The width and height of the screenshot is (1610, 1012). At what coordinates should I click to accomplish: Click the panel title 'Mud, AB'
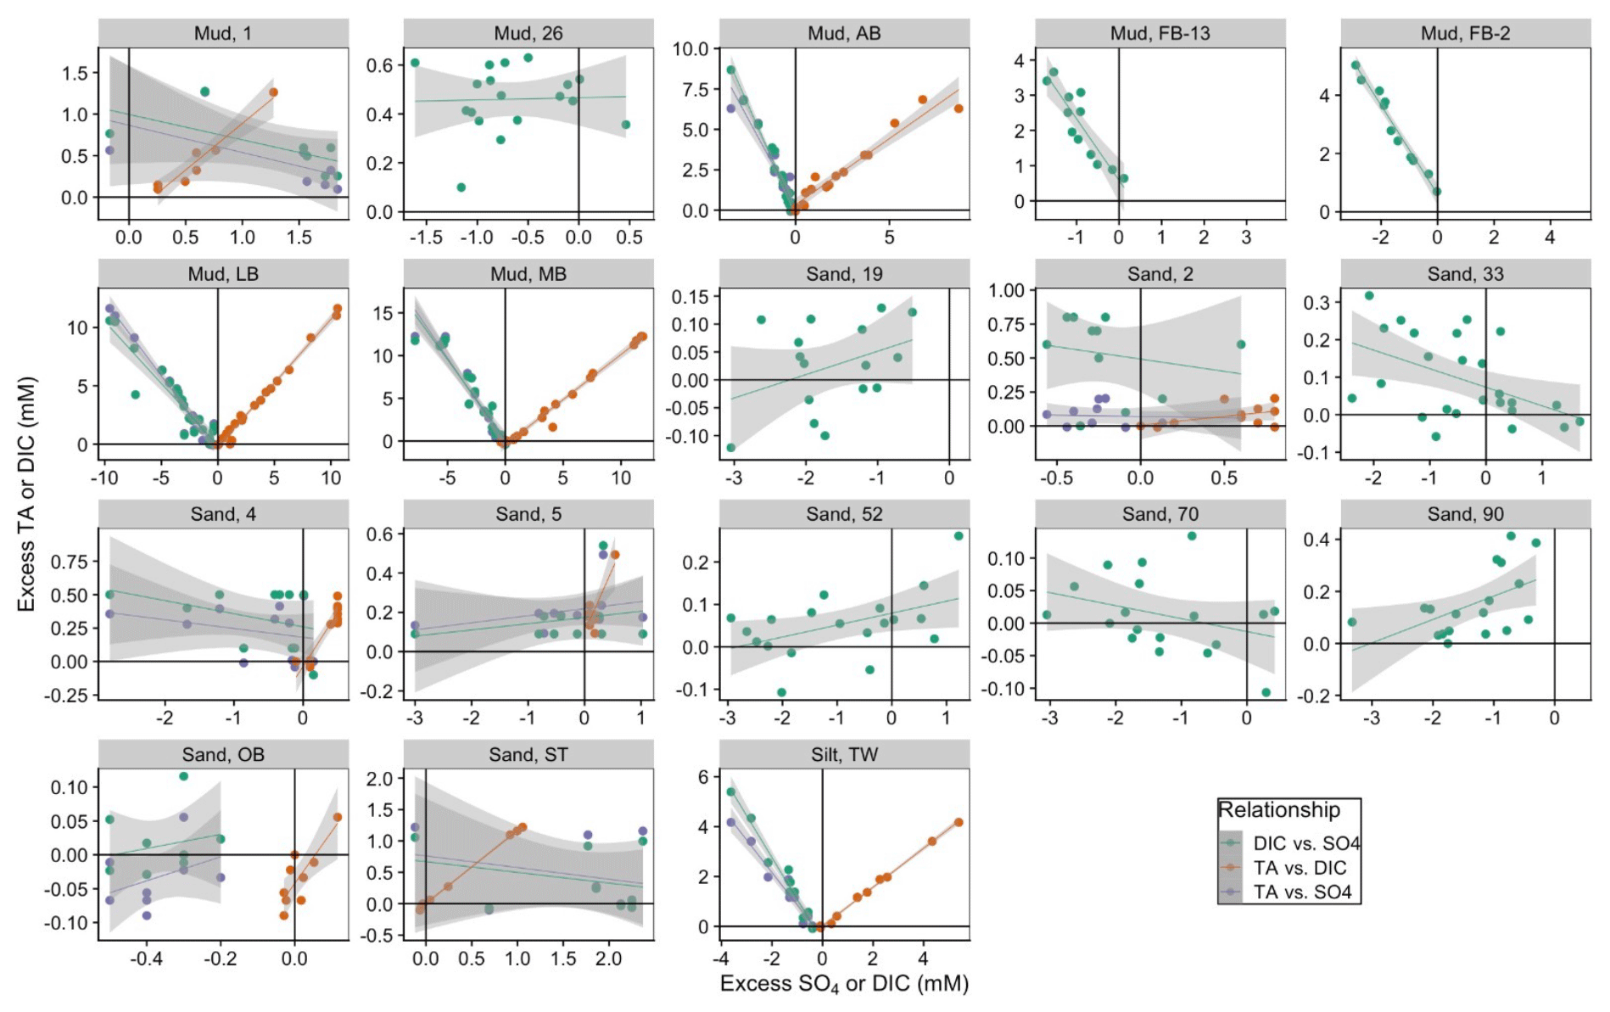tap(844, 34)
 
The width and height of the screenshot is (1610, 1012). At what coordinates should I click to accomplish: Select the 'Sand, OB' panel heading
tap(223, 755)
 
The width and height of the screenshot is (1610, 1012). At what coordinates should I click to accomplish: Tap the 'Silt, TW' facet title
tap(844, 755)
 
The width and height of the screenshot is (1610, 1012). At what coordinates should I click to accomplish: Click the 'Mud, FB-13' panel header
tap(1160, 34)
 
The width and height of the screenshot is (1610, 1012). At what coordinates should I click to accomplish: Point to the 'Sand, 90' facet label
tap(1465, 514)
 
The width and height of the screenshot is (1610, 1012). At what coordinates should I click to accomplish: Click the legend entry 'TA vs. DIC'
tap(1300, 868)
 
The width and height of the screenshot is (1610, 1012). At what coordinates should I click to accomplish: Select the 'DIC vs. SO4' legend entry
tap(1306, 843)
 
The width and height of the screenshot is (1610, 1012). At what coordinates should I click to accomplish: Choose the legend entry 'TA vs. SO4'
tap(1302, 892)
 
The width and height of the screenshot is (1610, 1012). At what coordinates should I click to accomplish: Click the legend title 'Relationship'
tap(1279, 810)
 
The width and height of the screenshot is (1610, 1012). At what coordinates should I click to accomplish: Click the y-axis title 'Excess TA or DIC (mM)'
tap(26, 494)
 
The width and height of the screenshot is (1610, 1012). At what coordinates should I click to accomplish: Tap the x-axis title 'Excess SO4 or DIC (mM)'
tap(844, 984)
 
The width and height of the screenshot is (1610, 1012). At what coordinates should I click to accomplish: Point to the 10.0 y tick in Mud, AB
tap(690, 49)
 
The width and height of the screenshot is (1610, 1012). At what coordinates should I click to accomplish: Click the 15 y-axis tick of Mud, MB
tap(383, 313)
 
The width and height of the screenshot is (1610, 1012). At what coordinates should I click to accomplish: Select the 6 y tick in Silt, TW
tap(703, 777)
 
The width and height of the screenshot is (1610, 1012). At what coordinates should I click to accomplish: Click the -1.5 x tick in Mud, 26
tap(426, 238)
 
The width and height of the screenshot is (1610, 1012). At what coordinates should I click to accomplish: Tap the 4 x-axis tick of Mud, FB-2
tap(1550, 238)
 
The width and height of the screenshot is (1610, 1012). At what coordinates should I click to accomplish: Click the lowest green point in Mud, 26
tap(461, 187)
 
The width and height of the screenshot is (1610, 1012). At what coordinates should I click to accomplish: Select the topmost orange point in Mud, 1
tap(273, 92)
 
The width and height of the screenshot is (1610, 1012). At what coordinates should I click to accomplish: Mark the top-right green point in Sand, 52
tap(959, 536)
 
